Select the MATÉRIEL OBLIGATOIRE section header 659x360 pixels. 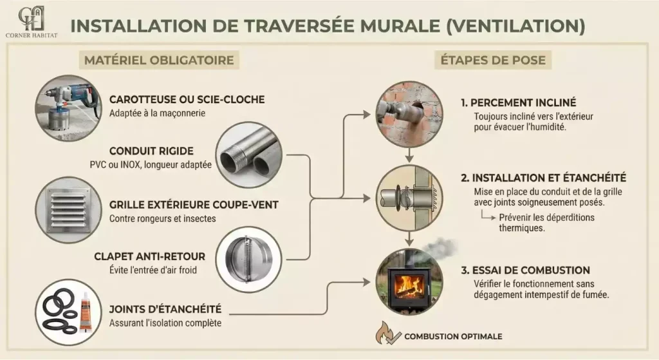(158, 61)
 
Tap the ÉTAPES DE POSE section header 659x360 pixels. (493, 61)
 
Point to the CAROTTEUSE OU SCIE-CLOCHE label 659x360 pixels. (187, 100)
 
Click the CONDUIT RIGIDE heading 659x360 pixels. (151, 151)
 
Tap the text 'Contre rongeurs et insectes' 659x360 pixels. (162, 218)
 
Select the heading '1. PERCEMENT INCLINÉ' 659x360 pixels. (518, 103)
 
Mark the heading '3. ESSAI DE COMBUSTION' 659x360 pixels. (525, 270)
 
